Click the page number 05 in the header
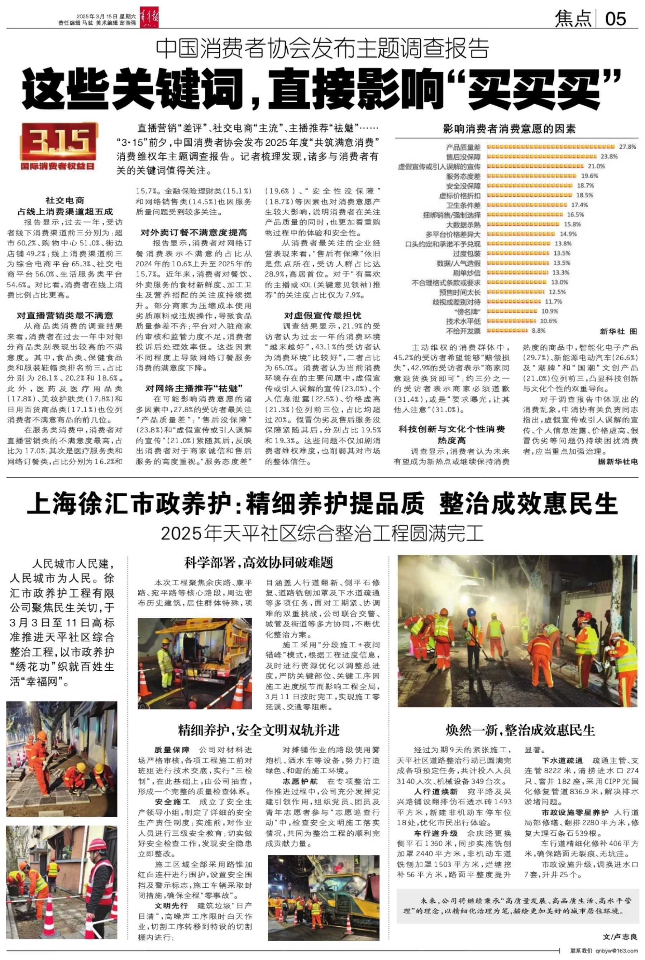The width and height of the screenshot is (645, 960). [616, 19]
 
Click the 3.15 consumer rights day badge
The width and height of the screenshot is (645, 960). [59, 147]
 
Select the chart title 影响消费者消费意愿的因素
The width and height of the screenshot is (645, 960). [509, 129]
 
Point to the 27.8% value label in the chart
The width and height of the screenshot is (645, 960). [627, 147]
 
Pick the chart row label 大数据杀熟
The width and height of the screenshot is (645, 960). [463, 225]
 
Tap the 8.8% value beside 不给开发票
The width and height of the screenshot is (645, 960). [539, 331]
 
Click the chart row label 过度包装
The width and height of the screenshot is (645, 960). [467, 254]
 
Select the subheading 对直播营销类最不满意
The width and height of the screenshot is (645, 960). [65, 315]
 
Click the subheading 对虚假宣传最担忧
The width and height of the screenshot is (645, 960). [322, 315]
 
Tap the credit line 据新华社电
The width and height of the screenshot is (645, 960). [617, 462]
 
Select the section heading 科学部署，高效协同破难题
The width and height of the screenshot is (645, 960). [259, 563]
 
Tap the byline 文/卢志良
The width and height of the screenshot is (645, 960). [620, 937]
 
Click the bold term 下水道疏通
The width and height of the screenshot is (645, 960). [562, 761]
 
